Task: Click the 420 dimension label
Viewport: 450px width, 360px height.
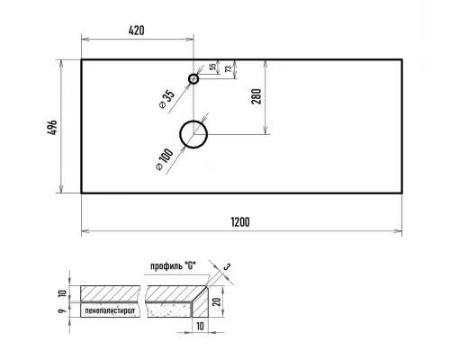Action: coord(137,31)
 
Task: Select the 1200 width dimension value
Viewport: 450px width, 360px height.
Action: coord(240,222)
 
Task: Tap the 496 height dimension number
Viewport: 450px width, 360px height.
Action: coord(52,127)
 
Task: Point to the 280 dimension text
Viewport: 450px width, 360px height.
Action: coord(256,96)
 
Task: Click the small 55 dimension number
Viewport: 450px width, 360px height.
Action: coord(212,67)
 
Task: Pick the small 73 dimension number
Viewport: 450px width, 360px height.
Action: coord(229,69)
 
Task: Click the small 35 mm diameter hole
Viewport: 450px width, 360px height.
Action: coord(193,79)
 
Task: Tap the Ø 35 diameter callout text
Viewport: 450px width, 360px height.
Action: coord(166,99)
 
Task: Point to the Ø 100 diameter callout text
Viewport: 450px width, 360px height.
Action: coord(165,159)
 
